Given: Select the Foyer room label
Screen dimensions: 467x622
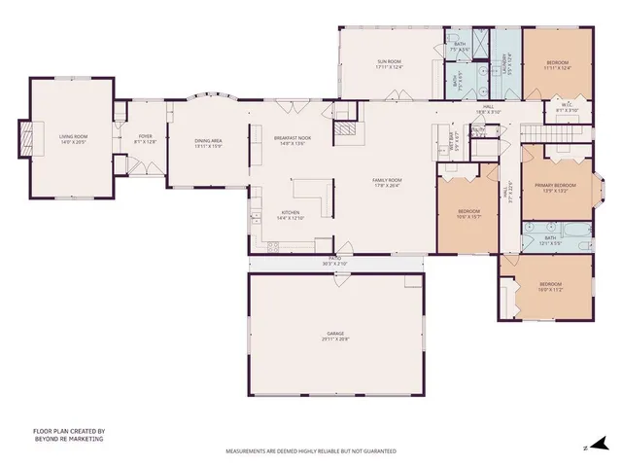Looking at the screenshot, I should click(145, 137).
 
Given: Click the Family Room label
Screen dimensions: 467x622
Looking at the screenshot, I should click(388, 181).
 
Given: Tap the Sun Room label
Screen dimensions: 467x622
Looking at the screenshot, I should click(390, 62).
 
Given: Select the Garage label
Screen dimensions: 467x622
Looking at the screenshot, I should click(335, 334).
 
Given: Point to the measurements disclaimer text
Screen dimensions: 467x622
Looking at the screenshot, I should click(311, 451).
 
